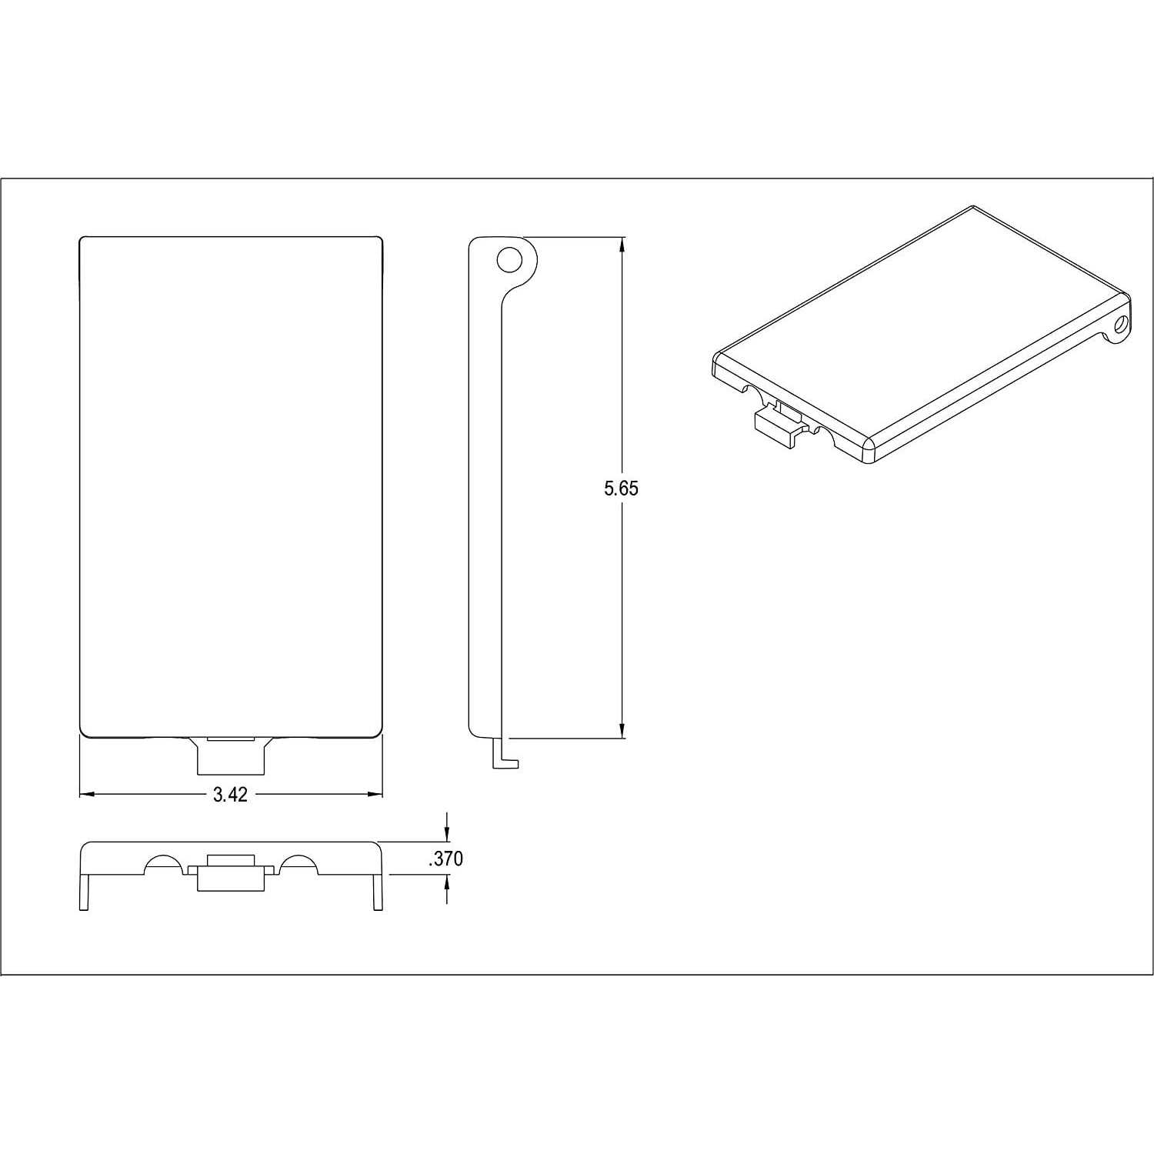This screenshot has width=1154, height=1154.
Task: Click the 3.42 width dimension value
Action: [230, 795]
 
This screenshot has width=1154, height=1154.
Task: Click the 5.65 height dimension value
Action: [621, 488]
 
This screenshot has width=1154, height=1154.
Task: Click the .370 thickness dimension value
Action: [446, 859]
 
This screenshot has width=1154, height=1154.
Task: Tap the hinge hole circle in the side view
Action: [509, 260]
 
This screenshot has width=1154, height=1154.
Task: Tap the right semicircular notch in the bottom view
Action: [298, 864]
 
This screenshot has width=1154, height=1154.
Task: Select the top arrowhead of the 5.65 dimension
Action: [622, 244]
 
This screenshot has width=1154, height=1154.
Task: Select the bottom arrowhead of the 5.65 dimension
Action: [622, 731]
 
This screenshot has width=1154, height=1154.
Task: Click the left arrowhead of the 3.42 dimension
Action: [87, 794]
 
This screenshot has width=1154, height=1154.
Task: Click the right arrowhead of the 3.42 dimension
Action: [375, 794]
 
